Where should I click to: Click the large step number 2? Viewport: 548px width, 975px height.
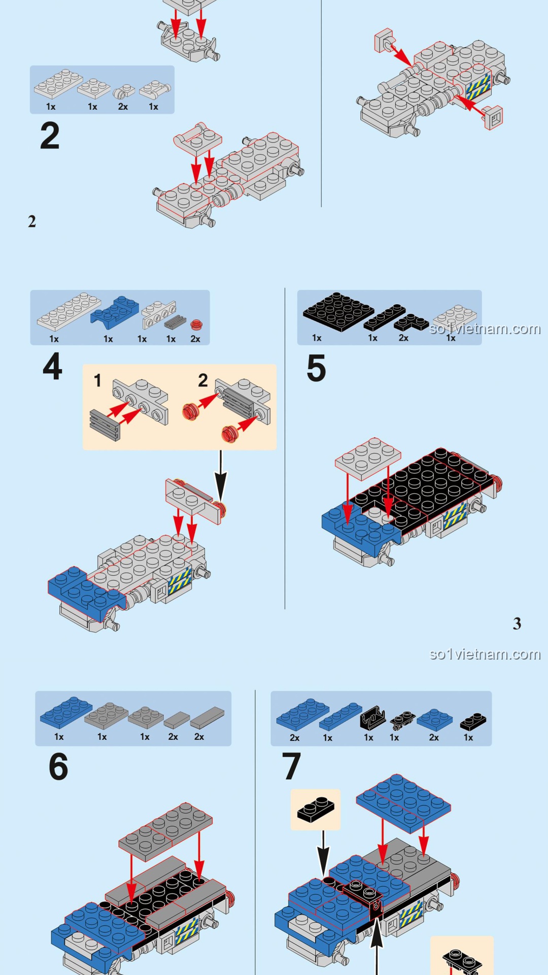[x=50, y=136]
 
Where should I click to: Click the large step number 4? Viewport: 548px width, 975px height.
[x=53, y=366]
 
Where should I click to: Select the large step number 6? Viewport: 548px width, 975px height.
[x=58, y=766]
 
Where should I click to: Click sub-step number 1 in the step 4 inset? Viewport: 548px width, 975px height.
[x=97, y=380]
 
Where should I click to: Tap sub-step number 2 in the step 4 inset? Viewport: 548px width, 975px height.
[x=203, y=380]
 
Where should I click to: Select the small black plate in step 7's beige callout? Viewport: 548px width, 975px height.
[x=316, y=809]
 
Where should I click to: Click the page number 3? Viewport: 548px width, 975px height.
[x=517, y=624]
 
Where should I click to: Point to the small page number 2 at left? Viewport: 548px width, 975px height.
[x=32, y=221]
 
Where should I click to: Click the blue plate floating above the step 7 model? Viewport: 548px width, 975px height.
[x=403, y=803]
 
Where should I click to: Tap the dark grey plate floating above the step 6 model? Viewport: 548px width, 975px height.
[x=165, y=831]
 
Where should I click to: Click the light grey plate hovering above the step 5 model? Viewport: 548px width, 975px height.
[x=368, y=458]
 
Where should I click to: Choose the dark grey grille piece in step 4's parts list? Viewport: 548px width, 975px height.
[x=175, y=322]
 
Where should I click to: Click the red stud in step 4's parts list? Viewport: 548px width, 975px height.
[x=196, y=324]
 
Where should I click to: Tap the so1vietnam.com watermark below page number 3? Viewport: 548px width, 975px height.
[x=485, y=654]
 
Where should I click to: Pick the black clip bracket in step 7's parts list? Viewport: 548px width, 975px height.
[x=373, y=717]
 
